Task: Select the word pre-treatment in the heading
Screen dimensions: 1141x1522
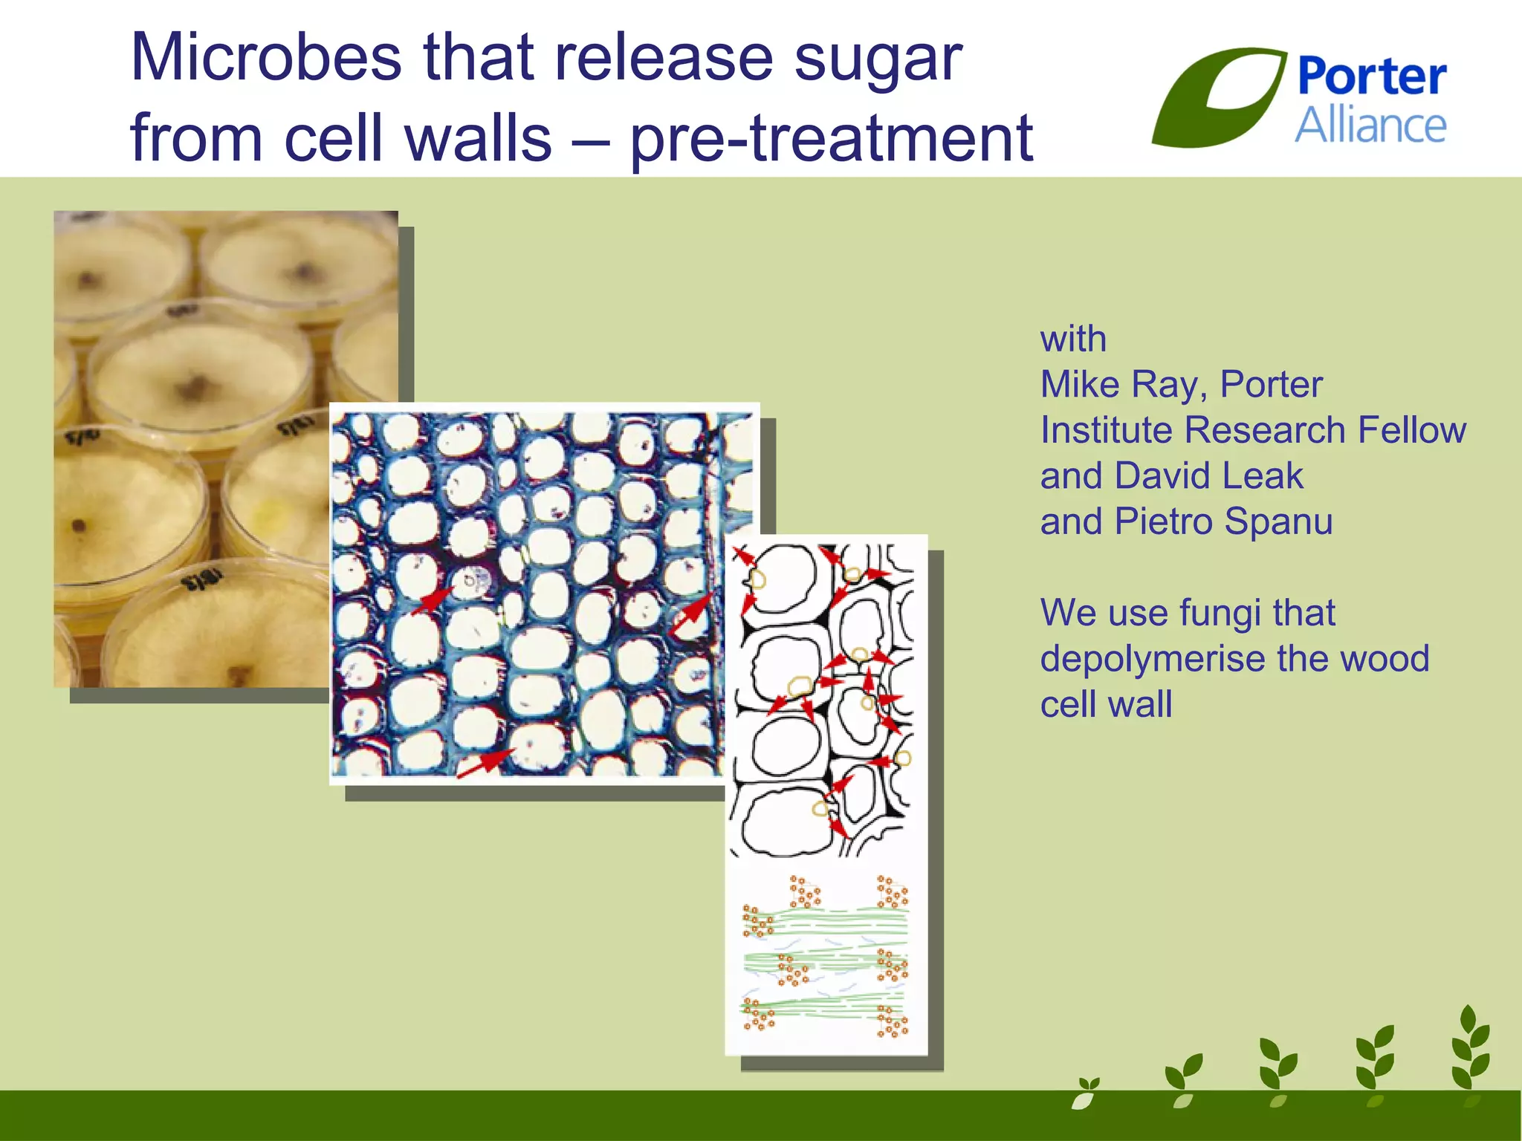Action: tap(831, 140)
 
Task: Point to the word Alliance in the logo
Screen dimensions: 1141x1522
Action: tap(1371, 125)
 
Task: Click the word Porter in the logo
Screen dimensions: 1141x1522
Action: tap(1372, 76)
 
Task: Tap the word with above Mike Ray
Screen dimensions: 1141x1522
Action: tap(1073, 339)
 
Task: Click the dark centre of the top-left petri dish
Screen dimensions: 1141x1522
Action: tap(88, 280)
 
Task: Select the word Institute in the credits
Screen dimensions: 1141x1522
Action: tap(1107, 430)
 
